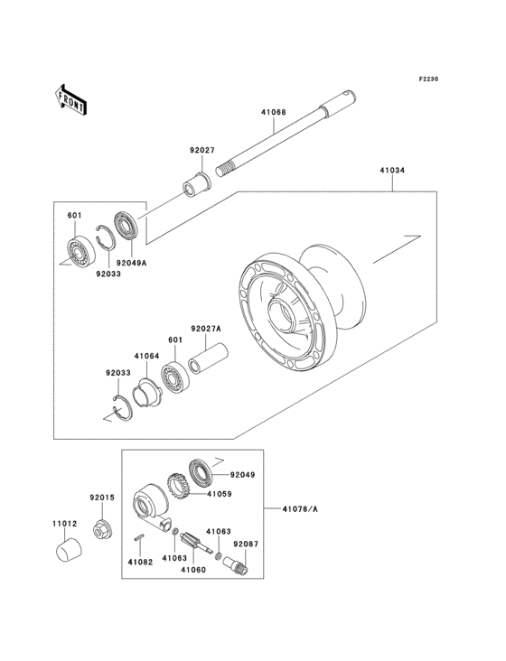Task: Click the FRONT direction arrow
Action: pyautogui.click(x=70, y=100)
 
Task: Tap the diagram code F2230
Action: pyautogui.click(x=428, y=79)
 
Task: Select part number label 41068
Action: pyautogui.click(x=273, y=112)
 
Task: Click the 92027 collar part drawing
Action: pyautogui.click(x=196, y=184)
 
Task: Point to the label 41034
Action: pyautogui.click(x=392, y=171)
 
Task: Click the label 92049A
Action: pyautogui.click(x=132, y=263)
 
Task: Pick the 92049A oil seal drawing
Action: pyautogui.click(x=126, y=225)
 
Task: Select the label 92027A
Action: pyautogui.click(x=206, y=328)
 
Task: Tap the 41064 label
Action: pyautogui.click(x=146, y=356)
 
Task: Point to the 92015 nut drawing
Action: pyautogui.click(x=101, y=529)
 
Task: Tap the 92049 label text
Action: pyautogui.click(x=242, y=475)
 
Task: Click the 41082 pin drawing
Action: pyautogui.click(x=139, y=537)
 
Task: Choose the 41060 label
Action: pyautogui.click(x=193, y=570)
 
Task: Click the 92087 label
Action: pyautogui.click(x=246, y=545)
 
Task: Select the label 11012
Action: pyautogui.click(x=64, y=524)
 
